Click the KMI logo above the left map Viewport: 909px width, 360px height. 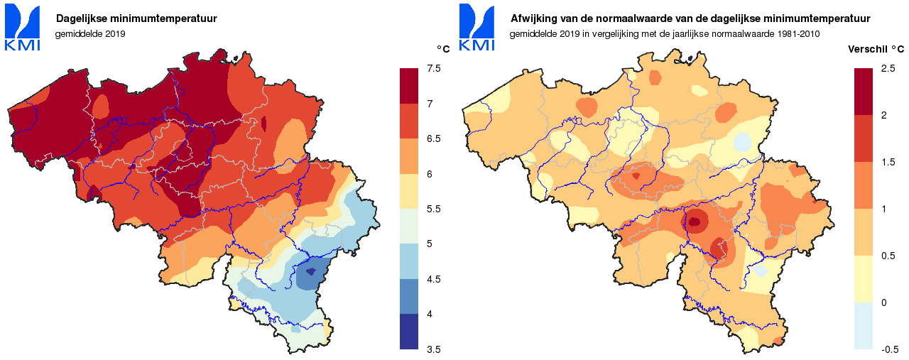(22, 28)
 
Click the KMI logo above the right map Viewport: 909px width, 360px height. (477, 28)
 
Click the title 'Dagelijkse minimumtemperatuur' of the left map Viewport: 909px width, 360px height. (136, 18)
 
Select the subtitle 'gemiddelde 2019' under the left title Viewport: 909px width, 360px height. (90, 33)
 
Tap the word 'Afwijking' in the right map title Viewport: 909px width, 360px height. (534, 18)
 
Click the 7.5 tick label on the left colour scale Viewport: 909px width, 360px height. (433, 68)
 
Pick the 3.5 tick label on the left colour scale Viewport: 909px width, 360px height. (433, 349)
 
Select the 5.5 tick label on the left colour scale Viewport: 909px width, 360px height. (433, 209)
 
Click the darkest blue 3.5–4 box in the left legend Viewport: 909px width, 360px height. (410, 332)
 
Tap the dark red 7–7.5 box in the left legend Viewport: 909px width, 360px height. (410, 86)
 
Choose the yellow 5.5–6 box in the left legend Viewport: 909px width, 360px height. (410, 191)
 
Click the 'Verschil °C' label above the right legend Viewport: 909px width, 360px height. (876, 50)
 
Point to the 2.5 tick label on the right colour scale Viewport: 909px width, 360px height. (888, 68)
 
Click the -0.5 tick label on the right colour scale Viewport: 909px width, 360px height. (890, 349)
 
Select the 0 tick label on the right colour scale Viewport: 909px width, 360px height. (883, 302)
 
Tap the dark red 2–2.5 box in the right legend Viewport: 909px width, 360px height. (864, 92)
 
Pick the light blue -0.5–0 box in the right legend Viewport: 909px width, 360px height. (864, 326)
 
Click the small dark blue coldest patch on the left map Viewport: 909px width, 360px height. (310, 271)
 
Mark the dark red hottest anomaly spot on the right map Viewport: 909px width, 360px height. (694, 222)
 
